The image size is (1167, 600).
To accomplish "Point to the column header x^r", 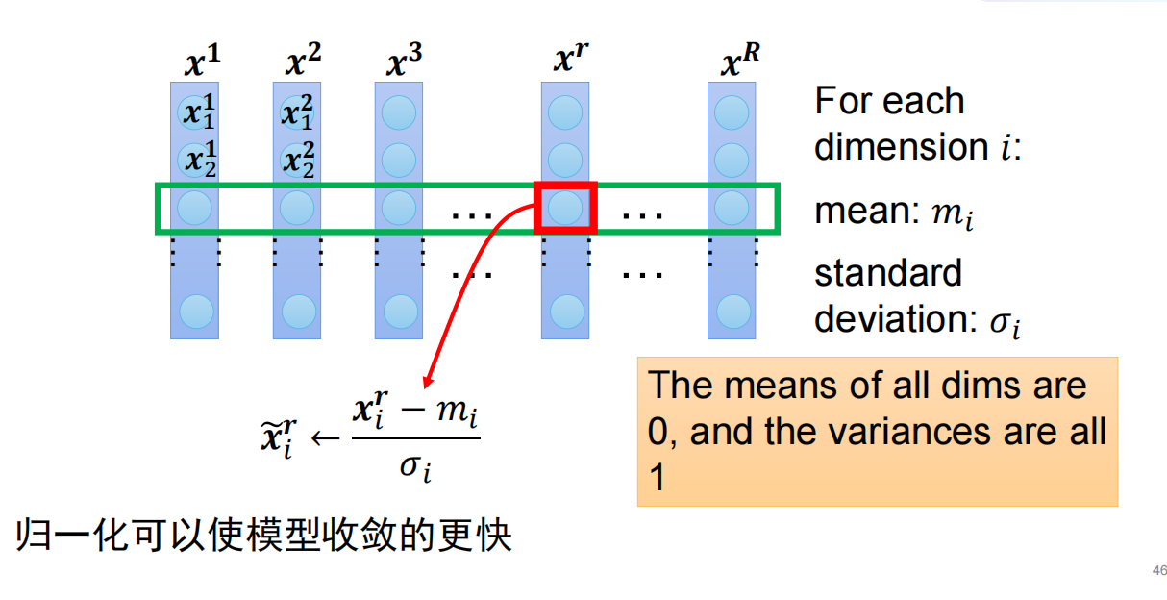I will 571,61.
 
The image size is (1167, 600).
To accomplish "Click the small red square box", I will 565,207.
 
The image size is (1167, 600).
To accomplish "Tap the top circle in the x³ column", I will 398,113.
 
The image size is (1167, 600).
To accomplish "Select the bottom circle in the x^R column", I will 732,311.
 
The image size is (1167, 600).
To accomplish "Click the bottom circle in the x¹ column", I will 195,311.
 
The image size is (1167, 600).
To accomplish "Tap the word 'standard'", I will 887,273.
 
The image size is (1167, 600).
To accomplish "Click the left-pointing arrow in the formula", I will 326,438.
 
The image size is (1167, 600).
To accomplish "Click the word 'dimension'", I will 898,147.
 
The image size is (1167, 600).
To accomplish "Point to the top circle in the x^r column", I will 565,113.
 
